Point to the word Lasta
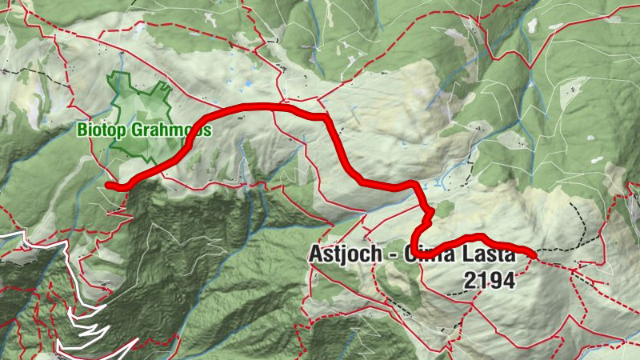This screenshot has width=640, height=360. (488, 256)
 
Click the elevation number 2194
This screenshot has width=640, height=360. (488, 281)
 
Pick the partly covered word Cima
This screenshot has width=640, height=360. (424, 256)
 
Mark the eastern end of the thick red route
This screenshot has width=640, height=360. (531, 254)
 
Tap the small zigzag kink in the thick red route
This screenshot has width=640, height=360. (428, 213)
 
